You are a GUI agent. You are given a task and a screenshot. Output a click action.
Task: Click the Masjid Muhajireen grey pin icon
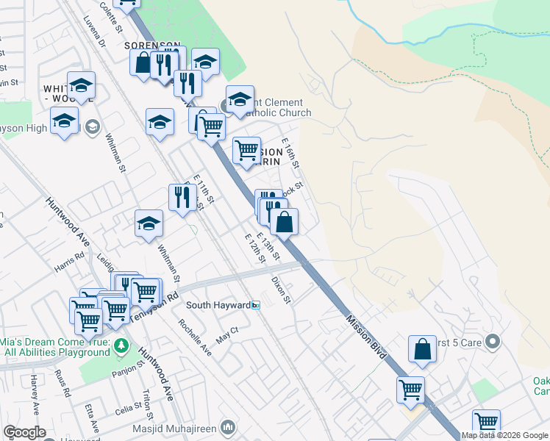click(x=229, y=426)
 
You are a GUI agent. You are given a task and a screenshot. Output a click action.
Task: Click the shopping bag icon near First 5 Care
click(x=423, y=351)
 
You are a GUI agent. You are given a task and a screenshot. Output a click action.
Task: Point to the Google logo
click(x=24, y=432)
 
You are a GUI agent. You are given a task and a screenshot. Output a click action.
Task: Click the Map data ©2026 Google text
click(x=505, y=435)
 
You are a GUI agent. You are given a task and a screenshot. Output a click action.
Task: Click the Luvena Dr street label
click(x=95, y=32)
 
